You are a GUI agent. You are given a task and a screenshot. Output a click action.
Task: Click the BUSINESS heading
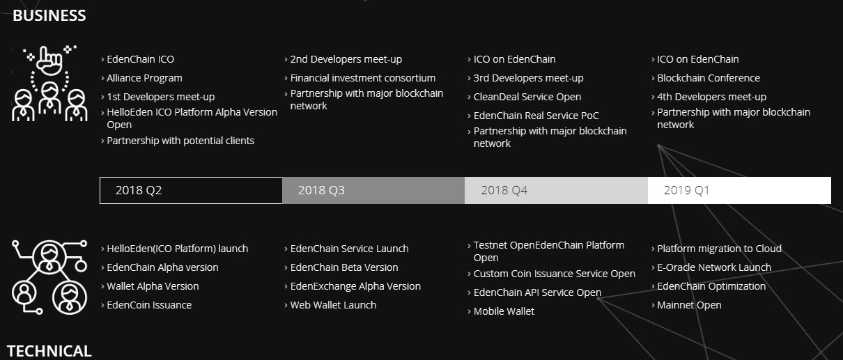[x=49, y=15]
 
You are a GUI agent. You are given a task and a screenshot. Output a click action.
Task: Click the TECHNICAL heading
[x=49, y=351]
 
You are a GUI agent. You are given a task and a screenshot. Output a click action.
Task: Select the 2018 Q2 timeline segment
[x=191, y=190]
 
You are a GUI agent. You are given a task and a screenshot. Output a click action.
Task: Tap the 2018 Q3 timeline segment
[x=373, y=190]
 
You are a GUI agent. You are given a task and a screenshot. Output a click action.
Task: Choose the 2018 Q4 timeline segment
[x=556, y=190]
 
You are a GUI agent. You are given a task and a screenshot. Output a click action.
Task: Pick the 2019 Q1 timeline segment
[x=739, y=190]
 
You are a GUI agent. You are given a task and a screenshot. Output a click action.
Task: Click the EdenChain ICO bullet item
[x=140, y=59]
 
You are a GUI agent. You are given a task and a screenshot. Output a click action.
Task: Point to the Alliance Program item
[x=144, y=78]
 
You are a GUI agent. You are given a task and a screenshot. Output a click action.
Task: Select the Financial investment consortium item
[x=363, y=78]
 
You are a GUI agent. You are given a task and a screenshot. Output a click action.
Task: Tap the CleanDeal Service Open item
[x=527, y=97]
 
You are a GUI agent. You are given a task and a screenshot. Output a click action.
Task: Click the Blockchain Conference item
[x=709, y=78]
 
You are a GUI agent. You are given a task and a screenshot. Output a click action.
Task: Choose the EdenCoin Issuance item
[x=149, y=305]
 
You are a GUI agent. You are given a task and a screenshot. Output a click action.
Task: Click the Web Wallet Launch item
[x=333, y=305]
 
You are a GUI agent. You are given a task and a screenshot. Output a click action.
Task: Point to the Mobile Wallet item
[x=504, y=311]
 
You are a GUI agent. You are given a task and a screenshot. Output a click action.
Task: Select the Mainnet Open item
[x=689, y=305]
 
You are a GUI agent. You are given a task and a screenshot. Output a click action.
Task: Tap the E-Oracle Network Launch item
[x=714, y=267]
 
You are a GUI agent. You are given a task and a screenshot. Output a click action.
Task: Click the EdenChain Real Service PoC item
[x=536, y=116]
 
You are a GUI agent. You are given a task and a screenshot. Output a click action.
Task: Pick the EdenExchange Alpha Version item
[x=355, y=286]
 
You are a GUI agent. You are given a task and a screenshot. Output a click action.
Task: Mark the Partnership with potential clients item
[x=180, y=141]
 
